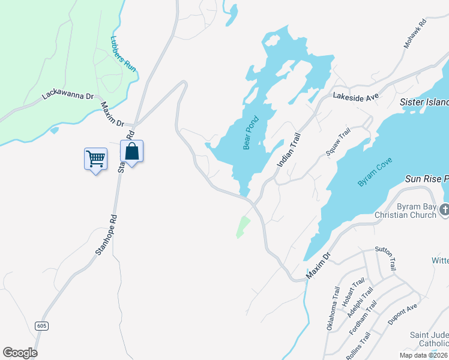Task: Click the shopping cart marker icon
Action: pos(95,159)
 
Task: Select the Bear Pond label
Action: pos(250,133)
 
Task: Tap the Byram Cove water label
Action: pos(375,172)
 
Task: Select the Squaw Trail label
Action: pos(337,145)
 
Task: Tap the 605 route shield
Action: pos(41,326)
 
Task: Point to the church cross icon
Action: pos(444,210)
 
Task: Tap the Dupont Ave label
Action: pos(402,314)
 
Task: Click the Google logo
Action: pos(20,353)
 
